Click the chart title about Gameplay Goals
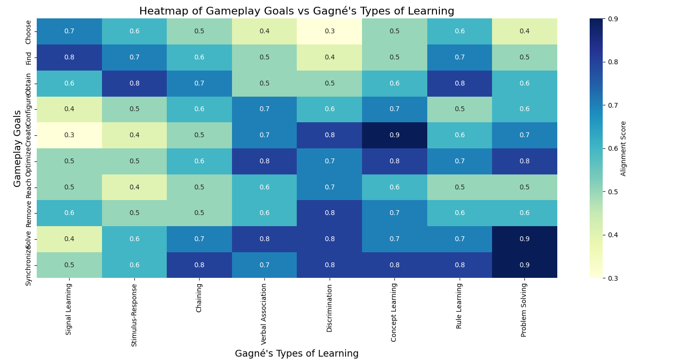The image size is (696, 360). click(x=297, y=11)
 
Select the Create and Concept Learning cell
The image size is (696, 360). click(x=394, y=135)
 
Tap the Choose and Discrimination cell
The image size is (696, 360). click(x=330, y=31)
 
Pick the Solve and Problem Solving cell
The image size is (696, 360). click(x=524, y=239)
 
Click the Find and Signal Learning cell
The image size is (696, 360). click(x=69, y=58)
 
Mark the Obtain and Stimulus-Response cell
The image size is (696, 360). click(x=134, y=84)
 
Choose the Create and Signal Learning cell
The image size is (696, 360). click(x=69, y=135)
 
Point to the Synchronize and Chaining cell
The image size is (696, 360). click(x=199, y=265)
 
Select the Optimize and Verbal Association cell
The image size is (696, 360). click(x=264, y=161)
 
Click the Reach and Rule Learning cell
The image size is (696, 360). click(x=460, y=187)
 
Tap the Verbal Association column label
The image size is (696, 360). click(x=264, y=314)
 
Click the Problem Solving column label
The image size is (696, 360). click(x=524, y=310)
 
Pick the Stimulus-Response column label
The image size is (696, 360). click(x=134, y=315)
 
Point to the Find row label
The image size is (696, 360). click(x=29, y=58)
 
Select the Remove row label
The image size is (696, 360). click(x=29, y=214)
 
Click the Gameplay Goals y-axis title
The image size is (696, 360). click(x=17, y=148)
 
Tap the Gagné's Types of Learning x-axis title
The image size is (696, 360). click(x=297, y=354)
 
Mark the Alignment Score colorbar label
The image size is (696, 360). click(x=623, y=148)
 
